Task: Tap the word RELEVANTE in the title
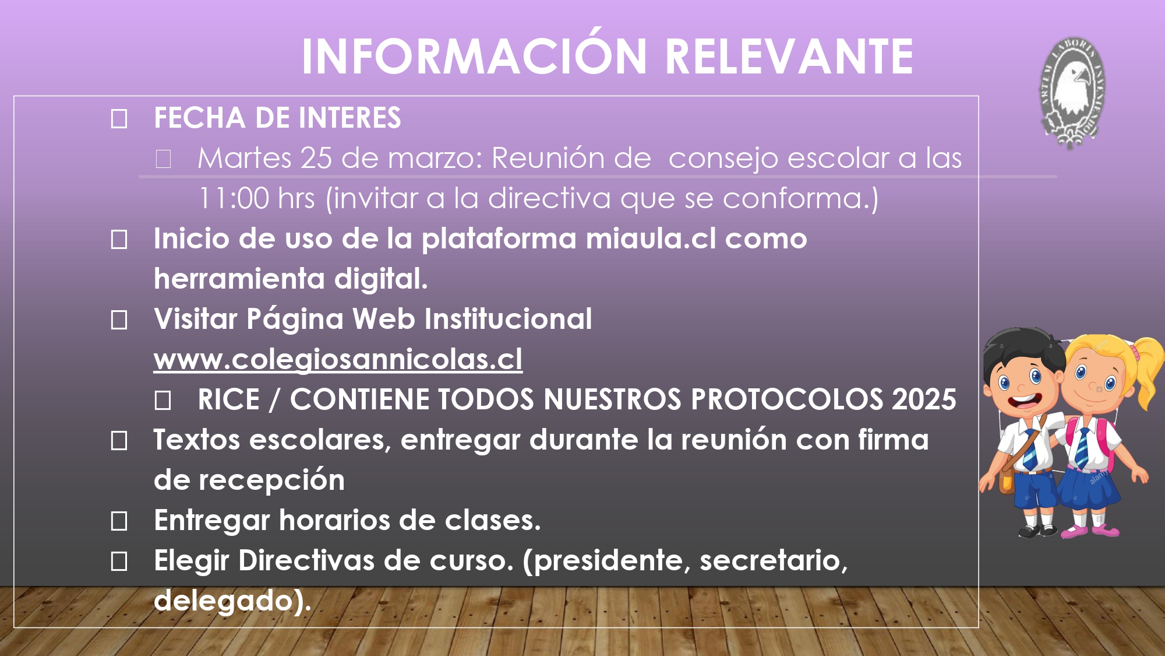pos(789,56)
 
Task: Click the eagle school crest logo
pos(1072,93)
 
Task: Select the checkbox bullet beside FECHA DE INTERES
pos(119,119)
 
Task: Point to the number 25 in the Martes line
pos(316,158)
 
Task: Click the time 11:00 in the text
pos(234,198)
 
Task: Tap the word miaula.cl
pos(651,238)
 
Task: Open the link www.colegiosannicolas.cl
pos(338,360)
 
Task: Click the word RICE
pos(228,399)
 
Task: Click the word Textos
pos(197,440)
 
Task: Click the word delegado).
pos(232,601)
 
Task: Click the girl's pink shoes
pos(1090,531)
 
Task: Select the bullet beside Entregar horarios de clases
pos(119,521)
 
